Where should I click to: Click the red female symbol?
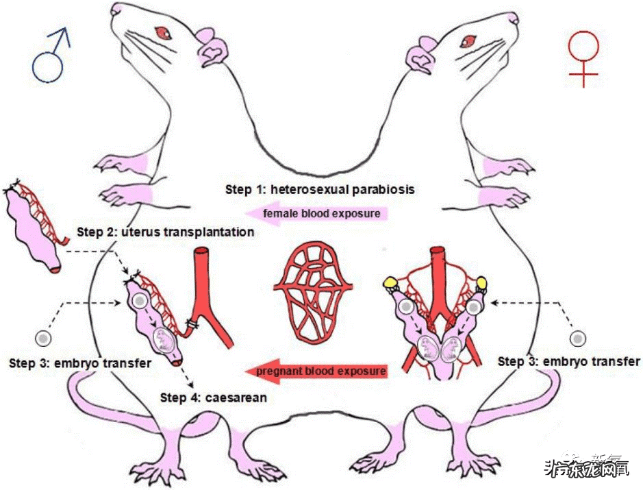coord(583,58)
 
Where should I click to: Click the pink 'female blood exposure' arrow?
coord(316,213)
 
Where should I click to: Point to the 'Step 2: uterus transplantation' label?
coord(166,232)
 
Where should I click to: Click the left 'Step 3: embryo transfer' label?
coord(80,361)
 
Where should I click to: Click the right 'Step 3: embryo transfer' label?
coord(569,361)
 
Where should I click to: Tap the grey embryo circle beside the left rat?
coord(44,338)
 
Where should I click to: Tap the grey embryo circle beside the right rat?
coord(579,339)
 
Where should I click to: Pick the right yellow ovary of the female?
coord(481,282)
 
